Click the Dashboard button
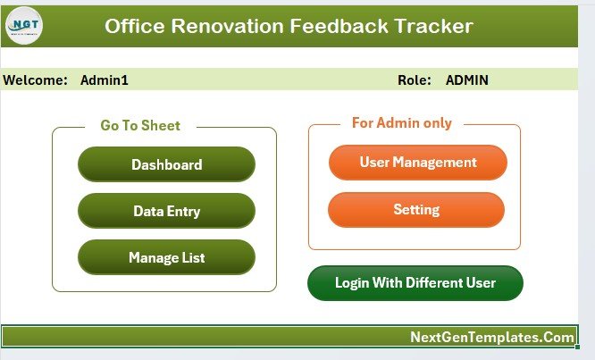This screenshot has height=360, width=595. (166, 164)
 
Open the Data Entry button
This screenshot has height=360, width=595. (166, 211)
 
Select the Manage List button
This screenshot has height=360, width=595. (166, 257)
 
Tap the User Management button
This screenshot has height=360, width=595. (417, 163)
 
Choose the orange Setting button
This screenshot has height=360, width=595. (416, 210)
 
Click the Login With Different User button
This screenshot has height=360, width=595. (415, 283)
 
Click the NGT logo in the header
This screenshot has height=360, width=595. (24, 25)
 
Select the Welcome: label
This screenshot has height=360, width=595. (36, 80)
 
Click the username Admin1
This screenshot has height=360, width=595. (105, 80)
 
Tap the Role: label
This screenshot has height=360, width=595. (415, 80)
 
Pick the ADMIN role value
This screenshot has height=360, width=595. (466, 80)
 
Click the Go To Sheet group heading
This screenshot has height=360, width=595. (140, 126)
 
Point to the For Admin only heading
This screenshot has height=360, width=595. (401, 123)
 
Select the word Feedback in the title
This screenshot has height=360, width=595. (339, 26)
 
